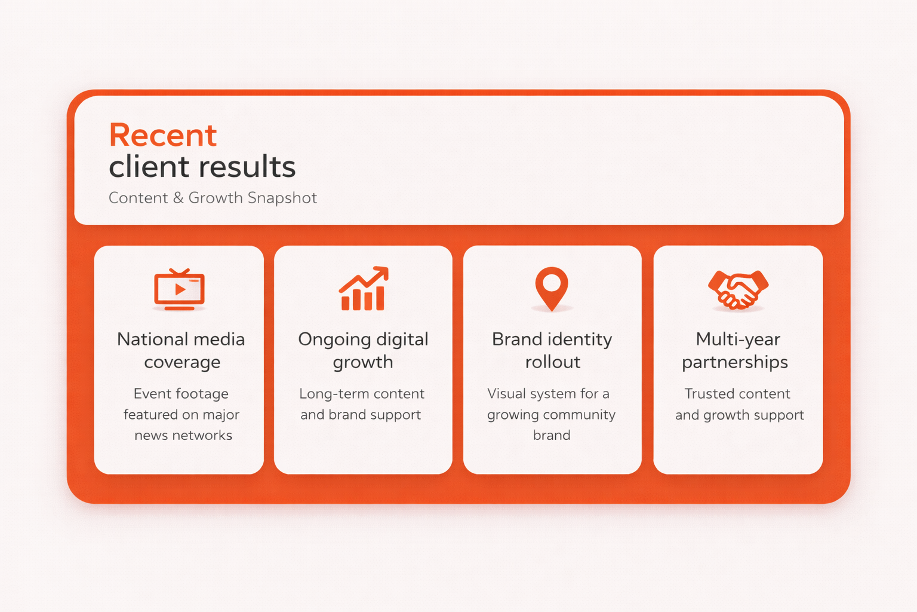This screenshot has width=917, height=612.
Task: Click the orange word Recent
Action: (x=162, y=135)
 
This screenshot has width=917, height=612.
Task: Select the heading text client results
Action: (x=202, y=167)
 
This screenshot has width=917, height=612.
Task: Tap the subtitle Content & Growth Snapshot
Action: (x=213, y=198)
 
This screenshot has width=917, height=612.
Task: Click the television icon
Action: (x=179, y=290)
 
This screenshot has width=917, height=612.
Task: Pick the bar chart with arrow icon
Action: (x=363, y=289)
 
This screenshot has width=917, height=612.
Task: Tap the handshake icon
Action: (x=738, y=290)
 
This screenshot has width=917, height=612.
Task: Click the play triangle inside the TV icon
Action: (x=180, y=290)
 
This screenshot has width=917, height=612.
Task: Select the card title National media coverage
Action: (x=181, y=350)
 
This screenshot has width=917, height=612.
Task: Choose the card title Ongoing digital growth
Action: (x=363, y=350)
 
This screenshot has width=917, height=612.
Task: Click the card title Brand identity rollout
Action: (x=552, y=350)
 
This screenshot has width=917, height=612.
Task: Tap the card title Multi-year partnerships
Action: (x=737, y=350)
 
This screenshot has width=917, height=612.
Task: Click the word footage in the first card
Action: (x=201, y=394)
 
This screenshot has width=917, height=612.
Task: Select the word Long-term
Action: (x=328, y=394)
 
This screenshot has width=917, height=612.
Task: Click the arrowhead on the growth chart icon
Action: (x=381, y=273)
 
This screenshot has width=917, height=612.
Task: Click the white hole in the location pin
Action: (x=552, y=281)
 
